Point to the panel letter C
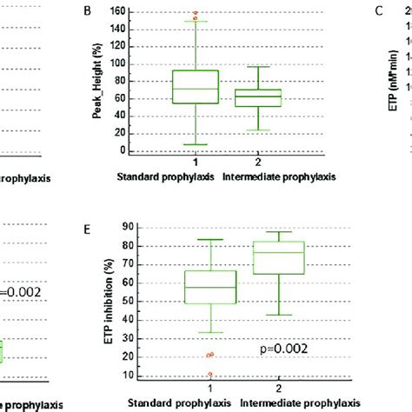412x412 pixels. click(378, 11)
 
